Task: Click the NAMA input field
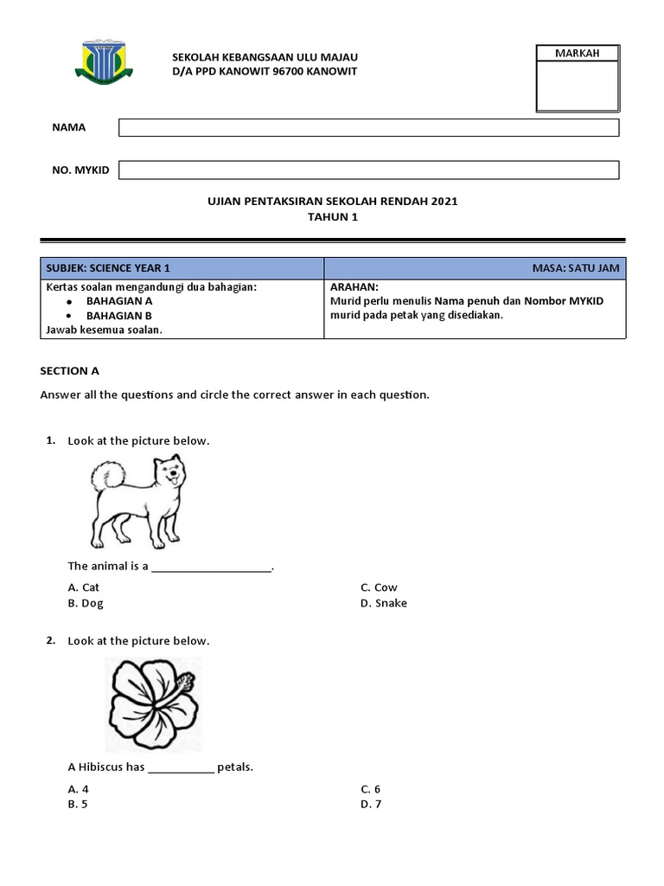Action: [368, 128]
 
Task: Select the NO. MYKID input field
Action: [368, 170]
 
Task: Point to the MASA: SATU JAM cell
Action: [576, 268]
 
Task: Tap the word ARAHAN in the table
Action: [354, 286]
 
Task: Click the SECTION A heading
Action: [70, 370]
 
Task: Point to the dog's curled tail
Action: [109, 475]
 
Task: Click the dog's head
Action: [169, 474]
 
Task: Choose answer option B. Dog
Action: [86, 603]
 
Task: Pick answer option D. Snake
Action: [383, 603]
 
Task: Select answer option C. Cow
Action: [379, 587]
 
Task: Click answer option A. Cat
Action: [84, 587]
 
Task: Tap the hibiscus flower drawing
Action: [153, 703]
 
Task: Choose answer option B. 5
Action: [78, 804]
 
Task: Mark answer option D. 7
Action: [371, 804]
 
